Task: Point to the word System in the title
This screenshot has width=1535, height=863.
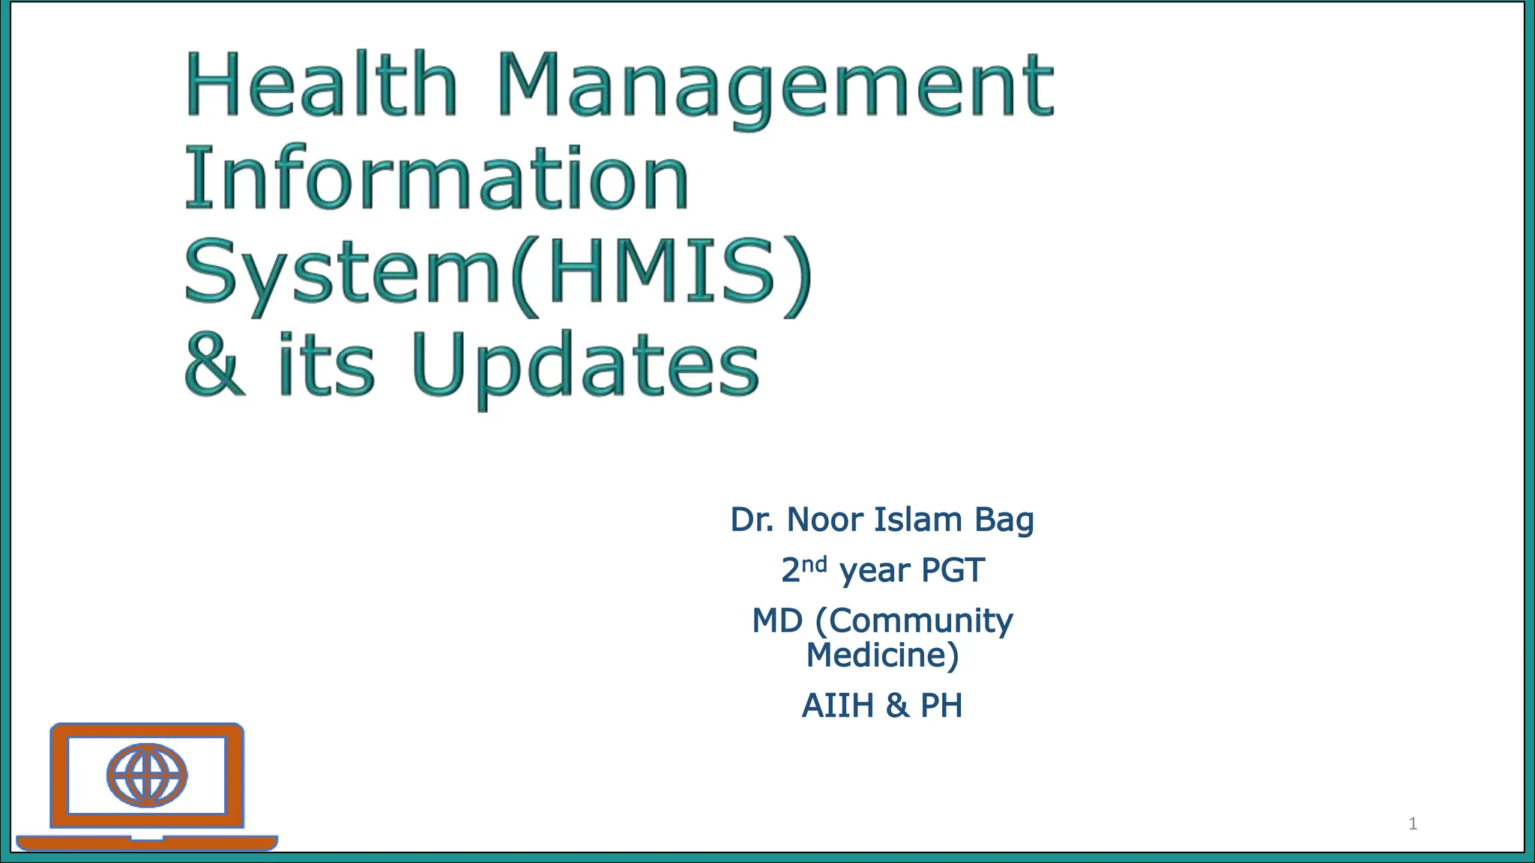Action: click(x=342, y=272)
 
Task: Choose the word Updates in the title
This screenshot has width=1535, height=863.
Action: click(x=585, y=366)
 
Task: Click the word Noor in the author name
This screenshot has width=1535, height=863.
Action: click(x=824, y=519)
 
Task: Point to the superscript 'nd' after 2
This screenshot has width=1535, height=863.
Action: click(x=815, y=563)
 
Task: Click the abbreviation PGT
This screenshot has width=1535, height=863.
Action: click(x=953, y=570)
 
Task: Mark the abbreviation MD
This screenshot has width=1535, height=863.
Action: click(x=777, y=620)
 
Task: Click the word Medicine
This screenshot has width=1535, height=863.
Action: click(x=878, y=655)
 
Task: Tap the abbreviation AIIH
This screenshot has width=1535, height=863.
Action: click(x=837, y=706)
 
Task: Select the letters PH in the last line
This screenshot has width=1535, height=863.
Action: click(x=941, y=706)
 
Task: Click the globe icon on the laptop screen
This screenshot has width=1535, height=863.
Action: click(x=147, y=775)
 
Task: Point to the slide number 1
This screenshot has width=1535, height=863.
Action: click(x=1413, y=824)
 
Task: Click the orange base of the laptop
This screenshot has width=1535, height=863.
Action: click(x=147, y=843)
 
